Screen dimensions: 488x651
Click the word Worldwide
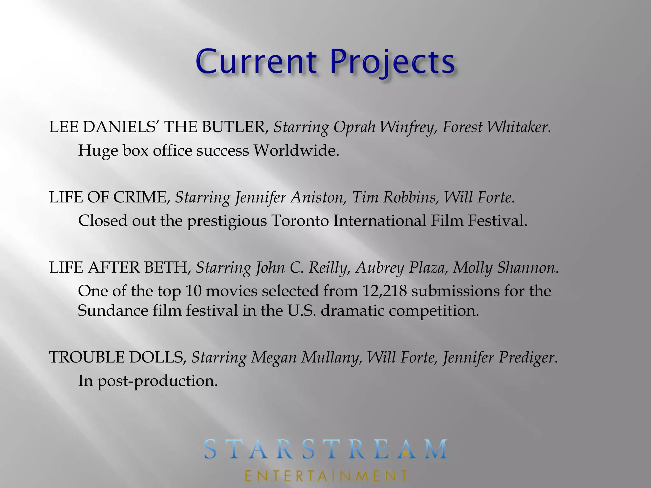296,151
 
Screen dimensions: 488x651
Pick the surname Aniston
318,197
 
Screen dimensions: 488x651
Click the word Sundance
113,310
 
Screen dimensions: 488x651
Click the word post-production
157,381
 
